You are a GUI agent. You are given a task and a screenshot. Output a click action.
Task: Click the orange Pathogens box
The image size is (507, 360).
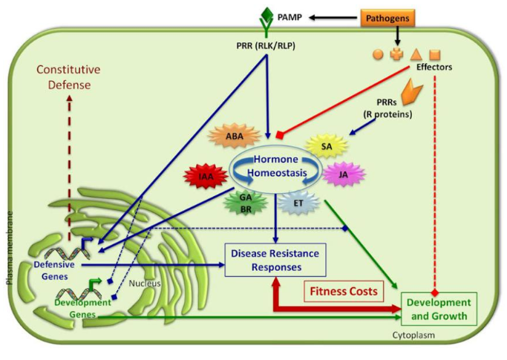pyautogui.click(x=387, y=18)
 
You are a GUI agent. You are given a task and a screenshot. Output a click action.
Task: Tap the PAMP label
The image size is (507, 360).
pyautogui.click(x=290, y=17)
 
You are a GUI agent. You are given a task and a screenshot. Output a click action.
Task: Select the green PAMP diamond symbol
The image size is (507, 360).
pyautogui.click(x=267, y=13)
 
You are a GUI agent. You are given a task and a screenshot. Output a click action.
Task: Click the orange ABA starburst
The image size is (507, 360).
pyautogui.click(x=235, y=136)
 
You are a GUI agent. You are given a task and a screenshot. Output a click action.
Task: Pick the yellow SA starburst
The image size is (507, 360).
pyautogui.click(x=327, y=146)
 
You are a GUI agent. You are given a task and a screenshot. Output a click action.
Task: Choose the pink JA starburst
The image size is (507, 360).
pyautogui.click(x=344, y=174)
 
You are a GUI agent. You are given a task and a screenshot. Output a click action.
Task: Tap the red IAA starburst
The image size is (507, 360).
pyautogui.click(x=206, y=177)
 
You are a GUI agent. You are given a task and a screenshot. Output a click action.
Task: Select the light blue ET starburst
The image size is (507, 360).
pyautogui.click(x=298, y=203)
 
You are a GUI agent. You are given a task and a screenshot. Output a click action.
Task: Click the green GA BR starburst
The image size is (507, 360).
pyautogui.click(x=246, y=203)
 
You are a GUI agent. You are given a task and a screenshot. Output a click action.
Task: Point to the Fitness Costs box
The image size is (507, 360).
pyautogui.click(x=344, y=291)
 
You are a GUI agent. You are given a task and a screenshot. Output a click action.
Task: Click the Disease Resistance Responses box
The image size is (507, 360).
pyautogui.click(x=275, y=260)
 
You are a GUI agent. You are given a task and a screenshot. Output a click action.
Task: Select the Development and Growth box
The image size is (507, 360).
pyautogui.click(x=439, y=309)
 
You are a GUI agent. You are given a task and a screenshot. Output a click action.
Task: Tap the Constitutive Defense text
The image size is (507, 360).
pyautogui.click(x=68, y=77)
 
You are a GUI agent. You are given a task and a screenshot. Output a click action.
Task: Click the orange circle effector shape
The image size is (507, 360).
pyautogui.click(x=378, y=54)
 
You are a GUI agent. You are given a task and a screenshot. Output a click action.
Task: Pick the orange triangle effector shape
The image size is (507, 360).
pyautogui.click(x=416, y=54)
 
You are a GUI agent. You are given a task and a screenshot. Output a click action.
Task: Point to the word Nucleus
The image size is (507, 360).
pyautogui.click(x=145, y=284)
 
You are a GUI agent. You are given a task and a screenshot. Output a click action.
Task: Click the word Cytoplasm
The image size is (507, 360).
pyautogui.click(x=413, y=335)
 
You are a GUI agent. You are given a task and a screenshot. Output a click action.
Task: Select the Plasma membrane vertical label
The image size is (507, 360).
pyautogui.click(x=10, y=248)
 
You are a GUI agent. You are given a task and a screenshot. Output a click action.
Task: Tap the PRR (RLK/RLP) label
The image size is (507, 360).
pyautogui.click(x=266, y=46)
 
